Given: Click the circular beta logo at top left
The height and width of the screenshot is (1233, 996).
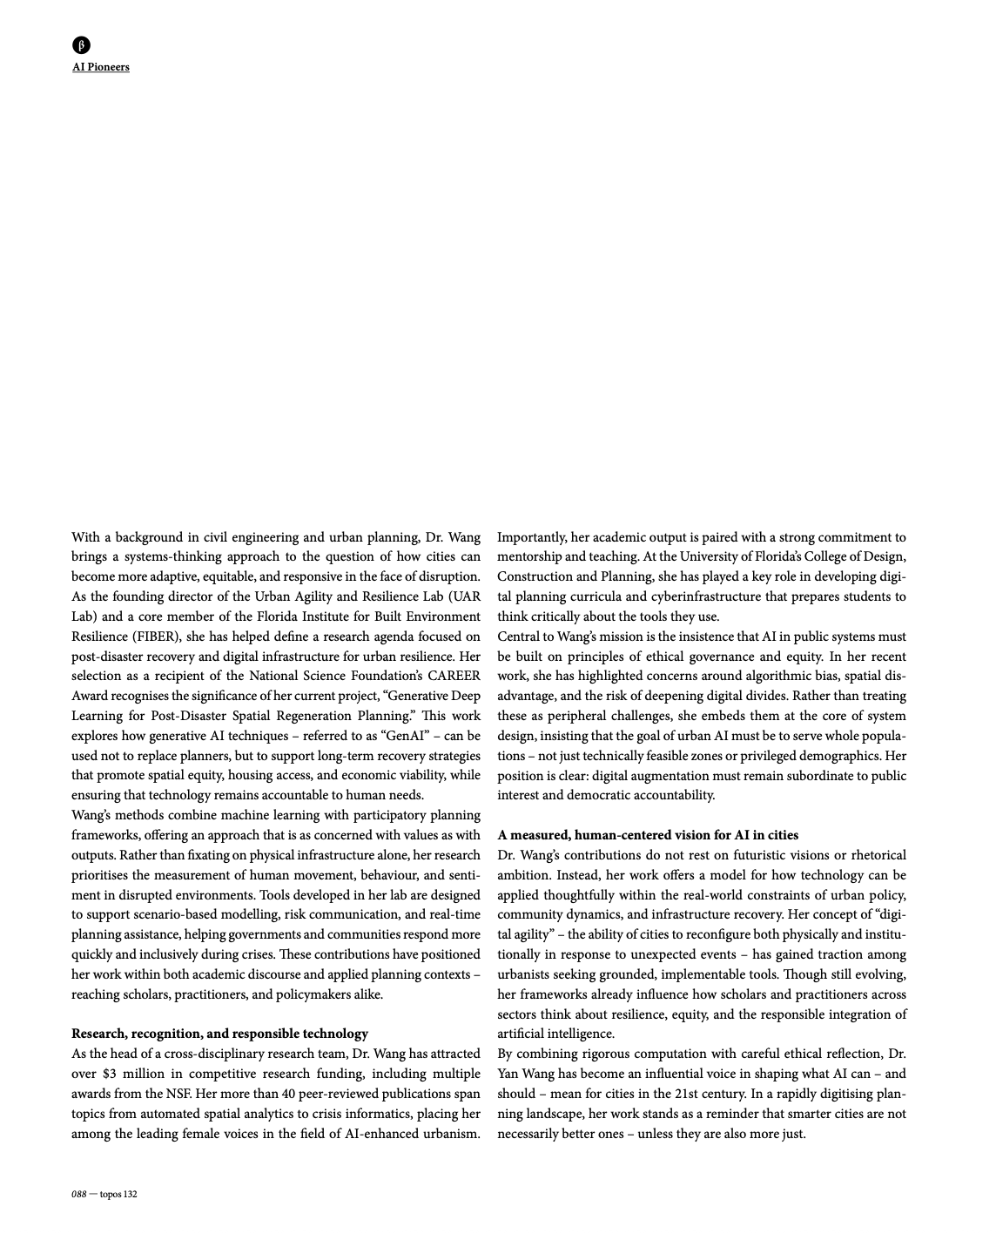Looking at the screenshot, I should click(81, 45).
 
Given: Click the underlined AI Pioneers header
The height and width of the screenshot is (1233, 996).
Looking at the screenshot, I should click(101, 67).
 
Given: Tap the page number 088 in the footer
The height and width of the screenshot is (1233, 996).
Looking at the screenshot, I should click(78, 1194).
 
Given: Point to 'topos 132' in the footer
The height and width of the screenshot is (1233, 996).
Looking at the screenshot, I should click(118, 1194).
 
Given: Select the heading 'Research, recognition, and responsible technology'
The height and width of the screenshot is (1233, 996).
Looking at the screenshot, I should click(219, 1034).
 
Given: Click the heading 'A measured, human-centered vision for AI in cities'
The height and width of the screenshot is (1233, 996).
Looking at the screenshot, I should click(648, 835).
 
